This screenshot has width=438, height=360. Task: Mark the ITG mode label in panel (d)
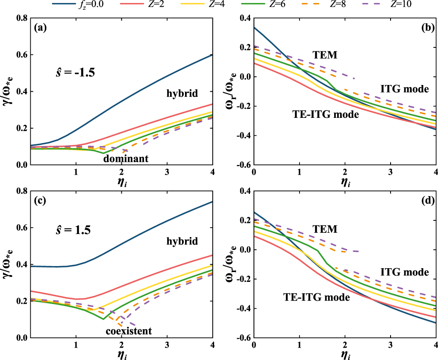coord(404,272)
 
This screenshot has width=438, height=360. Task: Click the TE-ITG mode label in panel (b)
coord(325,114)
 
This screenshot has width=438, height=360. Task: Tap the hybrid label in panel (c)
coord(182,241)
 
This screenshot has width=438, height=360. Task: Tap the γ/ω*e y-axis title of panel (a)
coord(7,91)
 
